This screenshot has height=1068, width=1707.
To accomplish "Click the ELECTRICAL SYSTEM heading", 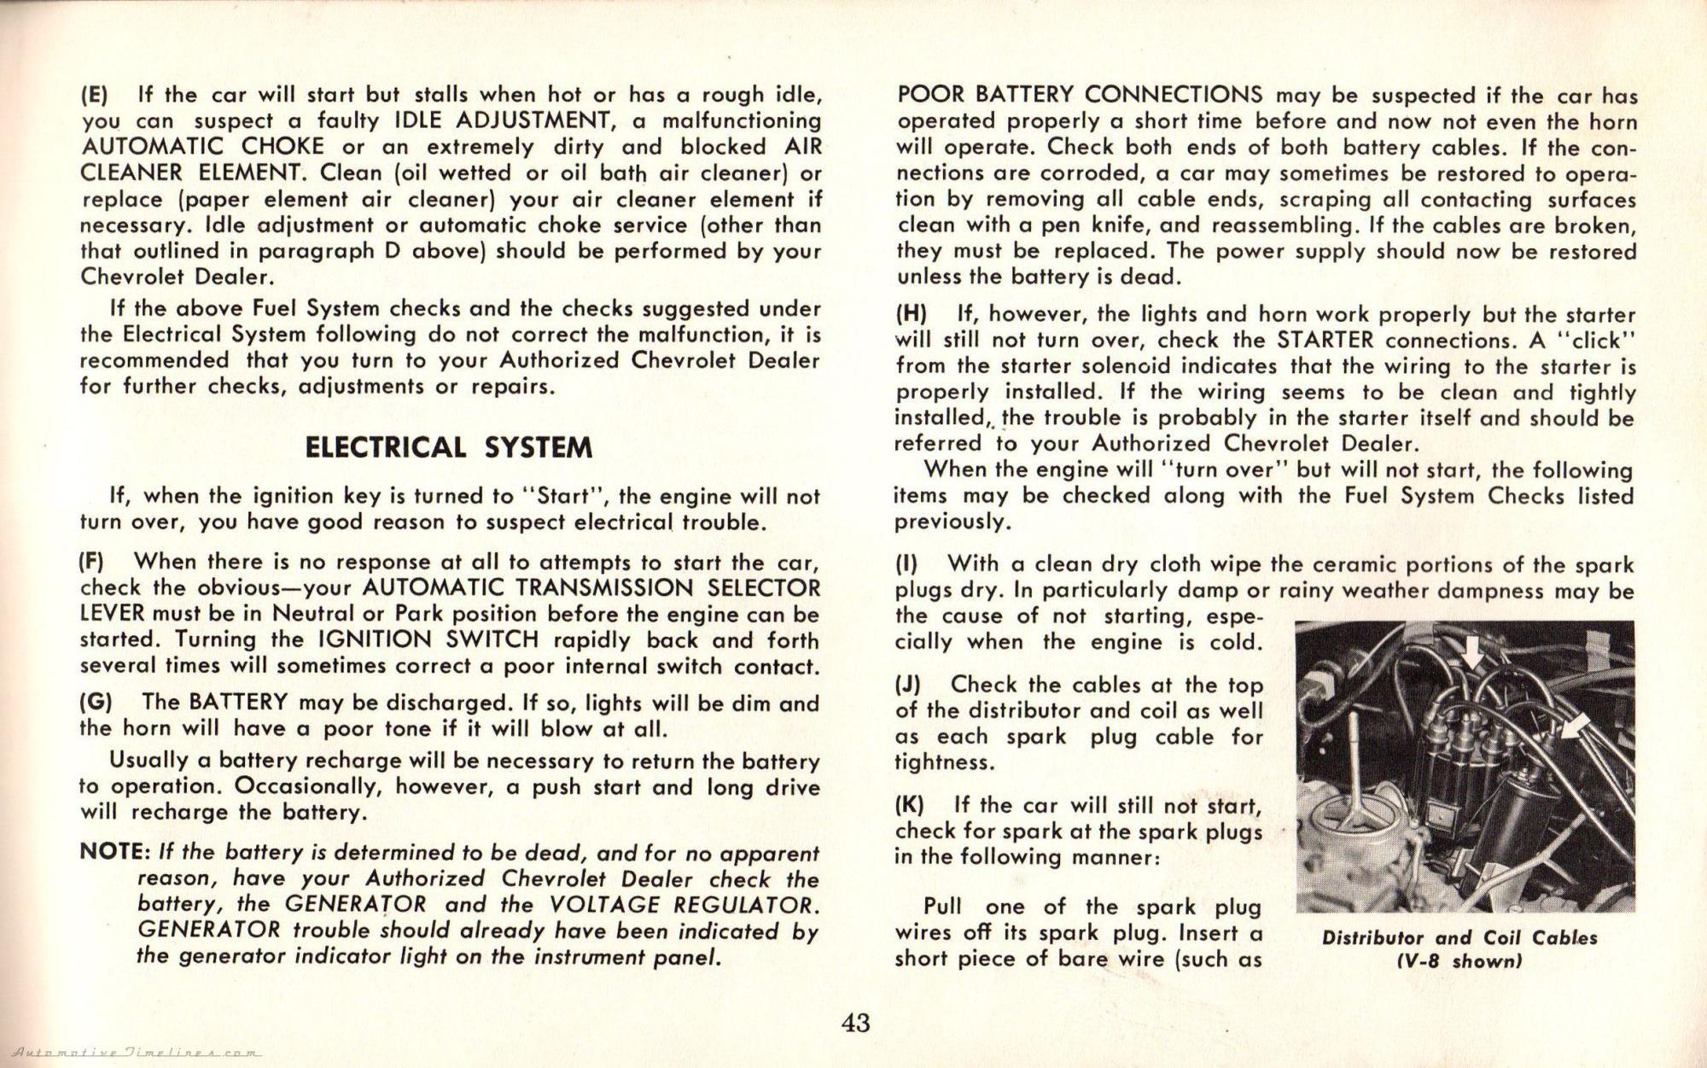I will point(448,447).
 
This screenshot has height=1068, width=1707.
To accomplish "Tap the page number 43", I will point(855,1022).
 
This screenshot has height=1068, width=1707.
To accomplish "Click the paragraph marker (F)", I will point(92,562).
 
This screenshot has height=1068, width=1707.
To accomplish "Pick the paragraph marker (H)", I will point(911,314).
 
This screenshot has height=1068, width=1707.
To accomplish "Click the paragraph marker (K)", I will point(910,804).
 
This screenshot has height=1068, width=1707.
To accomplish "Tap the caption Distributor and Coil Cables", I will point(1459,937).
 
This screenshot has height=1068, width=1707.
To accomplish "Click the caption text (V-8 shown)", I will point(1459,961).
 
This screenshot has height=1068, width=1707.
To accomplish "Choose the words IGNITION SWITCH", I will point(428,639).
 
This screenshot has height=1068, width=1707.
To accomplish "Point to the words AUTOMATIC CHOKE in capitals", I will point(201,146).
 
